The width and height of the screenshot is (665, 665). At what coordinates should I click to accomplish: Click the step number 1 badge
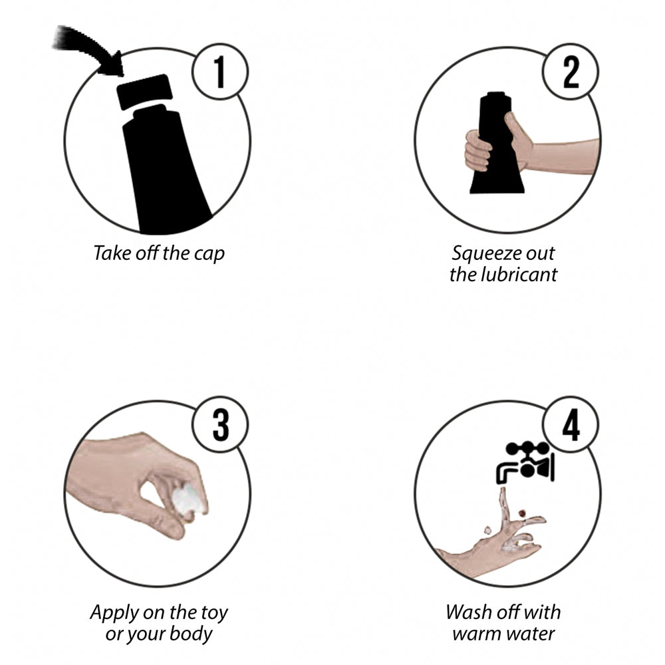219,72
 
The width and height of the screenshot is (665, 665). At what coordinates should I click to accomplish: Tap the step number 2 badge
571,72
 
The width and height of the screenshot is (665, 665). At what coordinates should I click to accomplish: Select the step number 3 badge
219,424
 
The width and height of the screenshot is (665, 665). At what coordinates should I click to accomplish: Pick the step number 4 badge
571,424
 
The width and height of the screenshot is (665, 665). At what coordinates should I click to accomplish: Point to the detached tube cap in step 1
144,92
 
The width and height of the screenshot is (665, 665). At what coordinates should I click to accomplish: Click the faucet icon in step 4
525,462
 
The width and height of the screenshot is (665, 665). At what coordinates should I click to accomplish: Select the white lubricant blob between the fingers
188,501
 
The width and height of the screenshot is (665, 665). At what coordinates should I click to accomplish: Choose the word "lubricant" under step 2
519,275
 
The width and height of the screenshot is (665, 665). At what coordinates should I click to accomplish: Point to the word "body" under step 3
191,634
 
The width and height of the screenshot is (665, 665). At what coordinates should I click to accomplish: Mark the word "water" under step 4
530,634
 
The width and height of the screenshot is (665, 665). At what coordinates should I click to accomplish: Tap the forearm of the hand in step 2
564,156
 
